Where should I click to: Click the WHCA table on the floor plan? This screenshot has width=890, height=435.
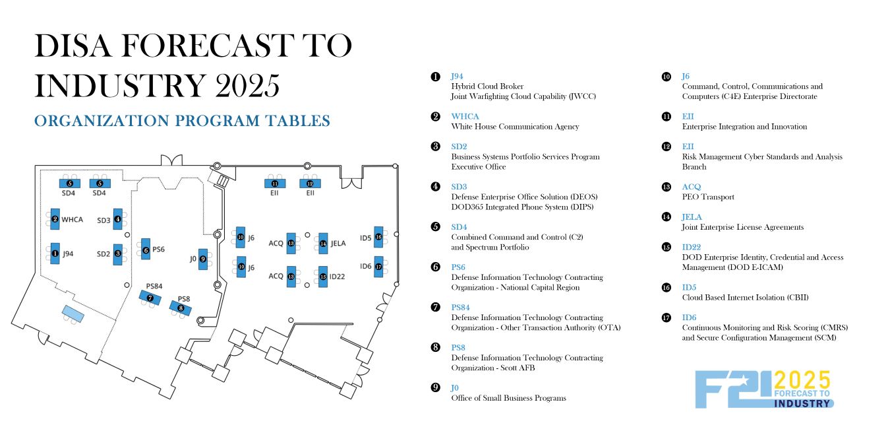tap(55, 219)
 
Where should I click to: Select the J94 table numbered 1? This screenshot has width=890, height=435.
tap(55, 253)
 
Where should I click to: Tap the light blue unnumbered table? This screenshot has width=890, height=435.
tap(73, 314)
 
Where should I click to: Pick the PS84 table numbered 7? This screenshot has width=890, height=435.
tap(150, 298)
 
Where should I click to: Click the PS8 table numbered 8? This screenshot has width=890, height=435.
tap(181, 307)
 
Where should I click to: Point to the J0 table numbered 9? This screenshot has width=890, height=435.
tap(204, 259)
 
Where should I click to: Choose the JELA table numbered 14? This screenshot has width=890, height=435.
tap(323, 243)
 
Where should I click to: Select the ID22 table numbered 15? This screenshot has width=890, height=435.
tap(323, 276)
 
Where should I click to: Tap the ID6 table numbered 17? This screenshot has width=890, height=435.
tap(378, 266)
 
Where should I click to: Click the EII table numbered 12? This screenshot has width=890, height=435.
tap(310, 184)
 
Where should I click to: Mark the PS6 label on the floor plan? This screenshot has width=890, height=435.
tap(158, 250)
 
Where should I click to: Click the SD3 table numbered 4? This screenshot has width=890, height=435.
tap(117, 219)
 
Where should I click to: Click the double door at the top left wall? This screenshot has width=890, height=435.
tap(170, 161)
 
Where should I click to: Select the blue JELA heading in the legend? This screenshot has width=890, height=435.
tap(692, 217)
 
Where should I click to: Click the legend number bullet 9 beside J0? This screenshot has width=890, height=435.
tap(435, 387)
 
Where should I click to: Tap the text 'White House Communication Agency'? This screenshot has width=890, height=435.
tap(515, 127)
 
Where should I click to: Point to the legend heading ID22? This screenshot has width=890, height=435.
tap(692, 247)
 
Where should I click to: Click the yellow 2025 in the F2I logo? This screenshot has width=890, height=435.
tap(802, 380)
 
